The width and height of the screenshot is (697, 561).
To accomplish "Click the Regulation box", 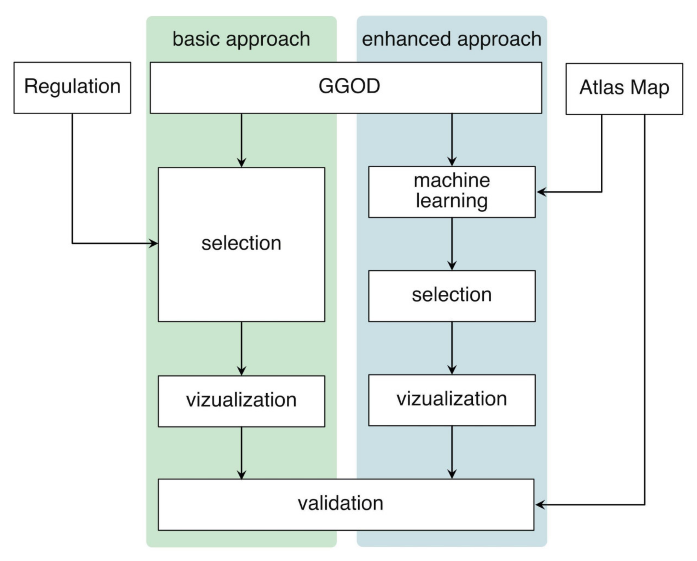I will [x=72, y=87].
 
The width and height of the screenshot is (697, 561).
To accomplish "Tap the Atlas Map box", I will [x=624, y=89].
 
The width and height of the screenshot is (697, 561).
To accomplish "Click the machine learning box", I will [x=452, y=192].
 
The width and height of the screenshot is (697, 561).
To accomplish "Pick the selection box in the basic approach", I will [x=241, y=244].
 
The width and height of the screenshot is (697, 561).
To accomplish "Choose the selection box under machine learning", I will [x=452, y=296].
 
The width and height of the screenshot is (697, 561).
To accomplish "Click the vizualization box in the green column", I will [x=241, y=401].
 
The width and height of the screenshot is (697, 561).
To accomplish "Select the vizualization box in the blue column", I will [x=452, y=400].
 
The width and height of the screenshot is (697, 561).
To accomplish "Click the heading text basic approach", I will [x=241, y=39].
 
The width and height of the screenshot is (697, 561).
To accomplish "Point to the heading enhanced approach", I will [x=452, y=39].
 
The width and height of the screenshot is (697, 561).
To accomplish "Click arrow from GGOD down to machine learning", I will [x=452, y=139].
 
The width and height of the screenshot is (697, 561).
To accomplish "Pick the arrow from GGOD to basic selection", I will [x=242, y=139].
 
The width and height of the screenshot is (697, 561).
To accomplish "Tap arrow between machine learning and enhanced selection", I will [x=452, y=244].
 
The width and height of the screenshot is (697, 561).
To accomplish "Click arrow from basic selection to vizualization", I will [x=242, y=348].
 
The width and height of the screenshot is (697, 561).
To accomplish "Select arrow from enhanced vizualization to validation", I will [x=452, y=452].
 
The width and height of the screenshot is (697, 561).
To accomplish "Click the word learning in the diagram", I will [x=452, y=201].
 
